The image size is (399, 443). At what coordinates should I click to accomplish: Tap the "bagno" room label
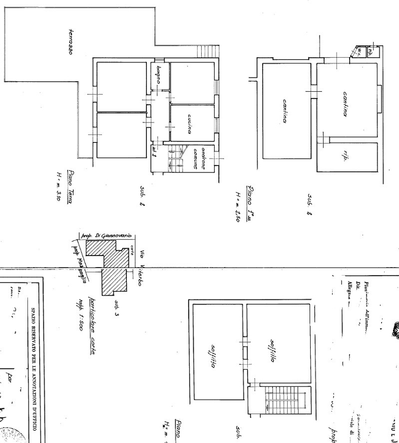click(158, 75)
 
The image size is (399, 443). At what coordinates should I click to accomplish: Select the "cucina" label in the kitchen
click(190, 124)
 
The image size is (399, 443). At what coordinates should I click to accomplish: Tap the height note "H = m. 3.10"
click(58, 186)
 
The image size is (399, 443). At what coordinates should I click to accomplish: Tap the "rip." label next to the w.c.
click(371, 51)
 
